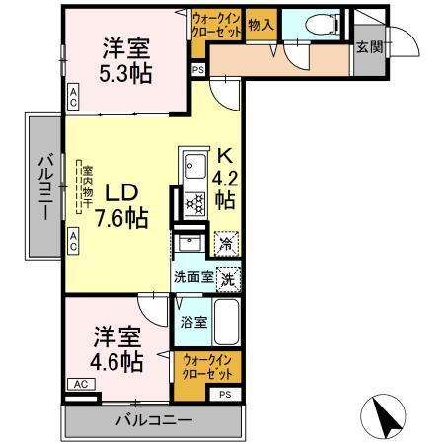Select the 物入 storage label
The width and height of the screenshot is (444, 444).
(x=259, y=25)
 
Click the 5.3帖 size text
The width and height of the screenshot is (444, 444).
(x=124, y=73)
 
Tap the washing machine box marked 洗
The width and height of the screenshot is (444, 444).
(x=228, y=278)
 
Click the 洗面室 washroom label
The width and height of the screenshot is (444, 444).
(x=193, y=278)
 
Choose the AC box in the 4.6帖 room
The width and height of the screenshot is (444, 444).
(x=80, y=384)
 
